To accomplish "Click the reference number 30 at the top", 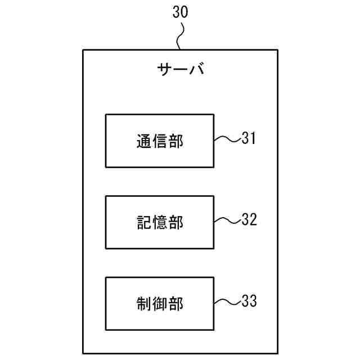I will coord(180,13).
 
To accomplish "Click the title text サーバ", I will coord(180,71).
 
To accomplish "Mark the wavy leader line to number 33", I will coord(227,302).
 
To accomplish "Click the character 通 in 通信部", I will coord(143,141).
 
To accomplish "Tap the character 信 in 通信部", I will coord(160,141).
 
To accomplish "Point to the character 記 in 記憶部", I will coord(143,223).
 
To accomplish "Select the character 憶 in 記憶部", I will coord(160,223).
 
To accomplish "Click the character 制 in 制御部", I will coord(143,304).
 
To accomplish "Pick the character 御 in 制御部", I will coord(160,304).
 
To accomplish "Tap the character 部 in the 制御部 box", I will coord(176,304).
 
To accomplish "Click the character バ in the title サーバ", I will coord(195,71).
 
